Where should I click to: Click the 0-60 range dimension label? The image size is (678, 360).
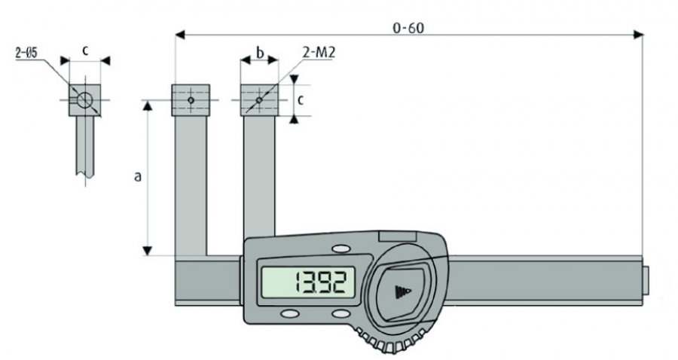tap(408, 28)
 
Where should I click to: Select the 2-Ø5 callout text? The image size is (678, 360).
tap(26, 53)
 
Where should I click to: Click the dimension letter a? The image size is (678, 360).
tap(138, 176)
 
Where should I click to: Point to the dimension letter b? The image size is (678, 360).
tap(260, 52)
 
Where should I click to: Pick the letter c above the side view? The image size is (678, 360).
tap(85, 50)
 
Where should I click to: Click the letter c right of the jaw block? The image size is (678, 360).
tap(301, 100)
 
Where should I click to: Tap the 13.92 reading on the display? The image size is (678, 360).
tap(321, 283)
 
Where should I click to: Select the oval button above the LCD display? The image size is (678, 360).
tap(341, 249)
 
